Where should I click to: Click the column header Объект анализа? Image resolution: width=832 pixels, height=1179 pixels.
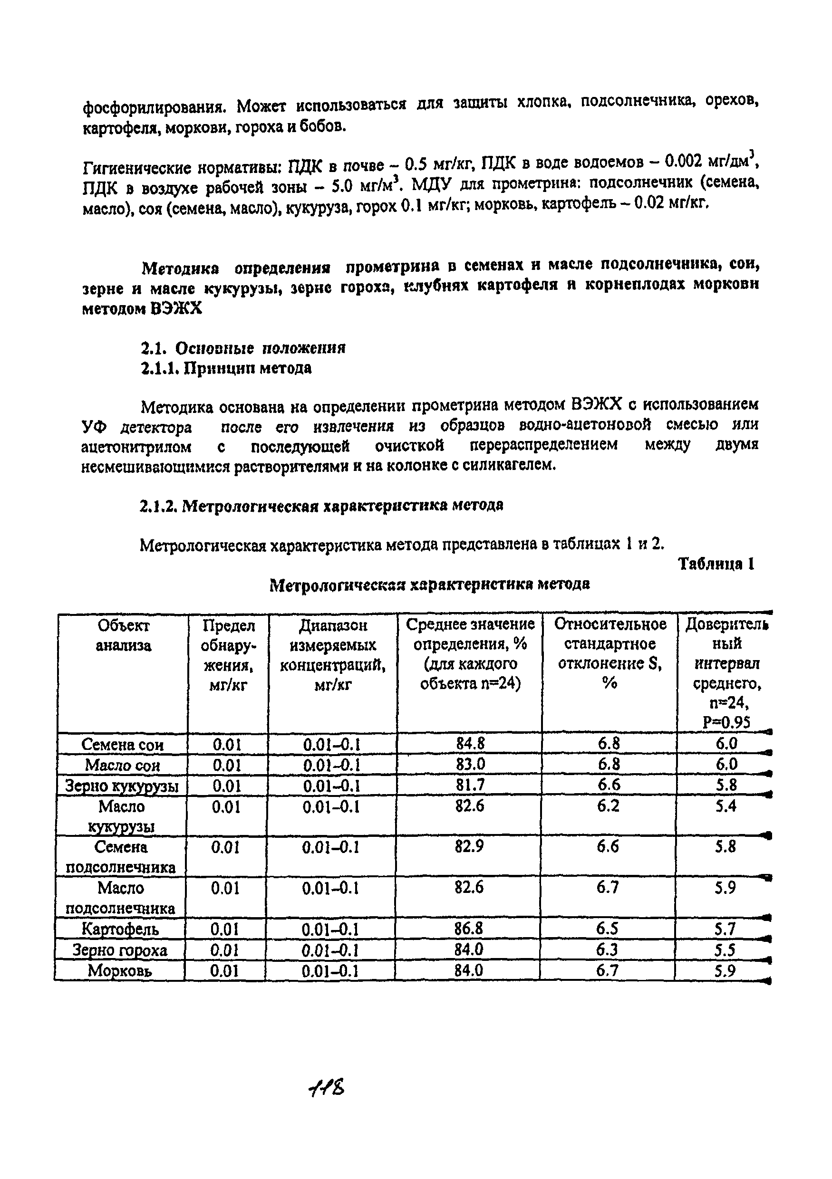(123, 635)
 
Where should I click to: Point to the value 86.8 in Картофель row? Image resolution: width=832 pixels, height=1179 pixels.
(469, 929)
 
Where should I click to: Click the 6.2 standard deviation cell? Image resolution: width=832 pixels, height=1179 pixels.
(608, 805)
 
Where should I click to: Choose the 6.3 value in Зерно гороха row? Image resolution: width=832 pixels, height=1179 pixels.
(607, 949)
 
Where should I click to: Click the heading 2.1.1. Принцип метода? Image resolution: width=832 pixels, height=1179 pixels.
(226, 368)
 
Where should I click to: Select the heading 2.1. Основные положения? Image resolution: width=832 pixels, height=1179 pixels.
(243, 348)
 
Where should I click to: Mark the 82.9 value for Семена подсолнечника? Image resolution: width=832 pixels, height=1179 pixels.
(469, 846)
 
